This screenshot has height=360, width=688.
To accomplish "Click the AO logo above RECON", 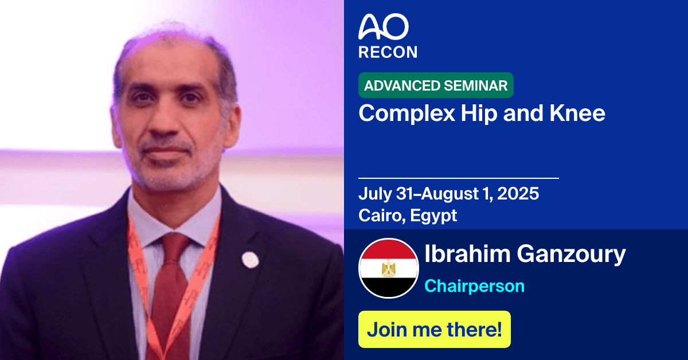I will tap(384, 27).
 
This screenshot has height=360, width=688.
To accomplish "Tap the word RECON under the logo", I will tap(388, 52).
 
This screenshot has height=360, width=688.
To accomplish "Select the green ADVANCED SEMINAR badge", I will tap(436, 85).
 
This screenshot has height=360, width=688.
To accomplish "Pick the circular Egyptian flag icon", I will tap(388, 268).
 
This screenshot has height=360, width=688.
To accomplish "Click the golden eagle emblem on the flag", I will tap(388, 268).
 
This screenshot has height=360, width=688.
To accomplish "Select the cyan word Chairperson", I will tap(474, 285).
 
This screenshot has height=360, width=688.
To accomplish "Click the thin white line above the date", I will tap(458, 178).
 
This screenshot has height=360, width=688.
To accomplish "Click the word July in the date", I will tap(374, 194).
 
